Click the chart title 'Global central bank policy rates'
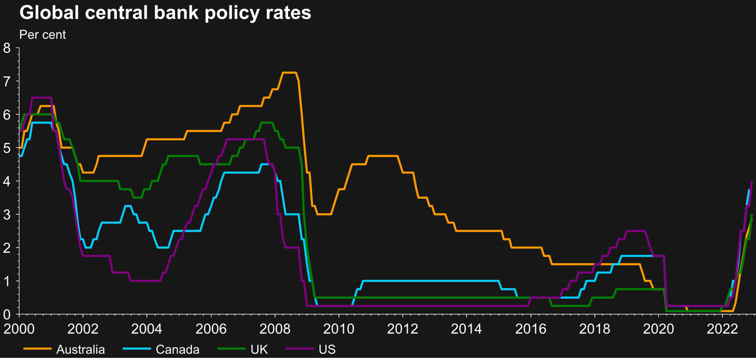click(165, 13)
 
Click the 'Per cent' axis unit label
click(42, 35)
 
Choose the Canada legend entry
click(177, 349)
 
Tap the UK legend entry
click(260, 349)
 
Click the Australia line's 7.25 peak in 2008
click(289, 72)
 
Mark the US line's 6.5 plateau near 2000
click(41, 98)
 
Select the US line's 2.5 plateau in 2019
click(635, 231)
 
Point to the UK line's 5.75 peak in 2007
click(266, 123)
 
